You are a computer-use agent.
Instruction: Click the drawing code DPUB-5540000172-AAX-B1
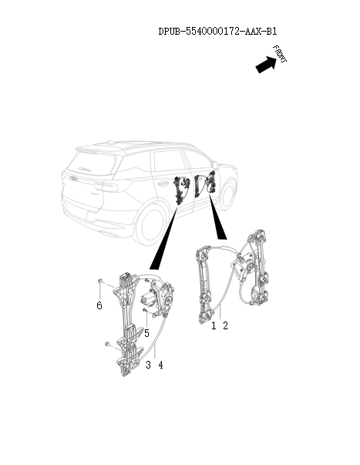point(217,32)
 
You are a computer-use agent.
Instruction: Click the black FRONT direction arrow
point(266,64)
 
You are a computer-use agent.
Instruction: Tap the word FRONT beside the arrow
point(280,54)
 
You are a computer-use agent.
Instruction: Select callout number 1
point(214,325)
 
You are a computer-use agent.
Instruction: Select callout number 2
point(225,325)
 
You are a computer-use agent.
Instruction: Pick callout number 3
point(148,365)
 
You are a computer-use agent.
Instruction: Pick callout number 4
point(160,365)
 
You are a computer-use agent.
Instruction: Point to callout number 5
point(146,333)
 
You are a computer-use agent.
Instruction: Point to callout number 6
point(99,305)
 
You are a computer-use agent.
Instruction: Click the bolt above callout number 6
point(100,281)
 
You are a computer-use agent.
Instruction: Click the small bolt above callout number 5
point(145,310)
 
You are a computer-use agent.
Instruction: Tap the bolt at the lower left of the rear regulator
point(108,344)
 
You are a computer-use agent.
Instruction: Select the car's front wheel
point(228,194)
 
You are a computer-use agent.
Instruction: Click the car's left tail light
point(106,186)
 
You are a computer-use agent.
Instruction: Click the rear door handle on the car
point(162,184)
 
